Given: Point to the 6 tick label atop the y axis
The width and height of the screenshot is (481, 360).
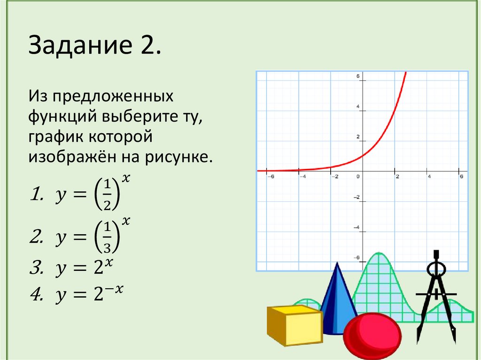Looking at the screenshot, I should point(357,77).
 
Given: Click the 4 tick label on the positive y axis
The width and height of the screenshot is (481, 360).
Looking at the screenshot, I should point(357,107).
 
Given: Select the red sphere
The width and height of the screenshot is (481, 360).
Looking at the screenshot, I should point(372,336).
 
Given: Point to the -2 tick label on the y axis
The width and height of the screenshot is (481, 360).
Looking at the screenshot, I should point(357,197).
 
